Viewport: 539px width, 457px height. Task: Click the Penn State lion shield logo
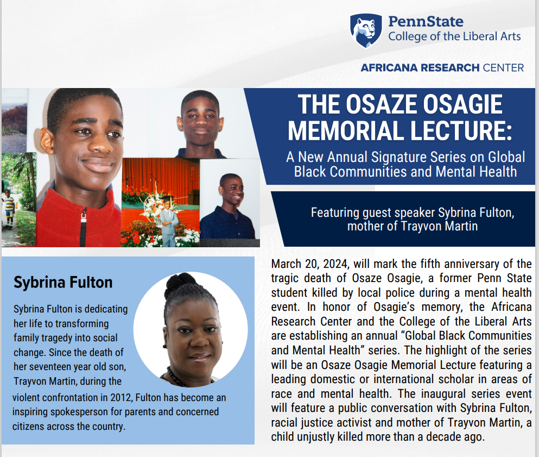coord(365,31)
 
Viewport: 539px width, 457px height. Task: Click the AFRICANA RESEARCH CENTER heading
coord(442,68)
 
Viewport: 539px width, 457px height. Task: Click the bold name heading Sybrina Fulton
coord(63,283)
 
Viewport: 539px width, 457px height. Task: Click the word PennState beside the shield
coord(426,22)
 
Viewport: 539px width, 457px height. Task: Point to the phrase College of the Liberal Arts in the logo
coord(454,37)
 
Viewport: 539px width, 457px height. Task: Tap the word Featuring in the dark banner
coord(336,212)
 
